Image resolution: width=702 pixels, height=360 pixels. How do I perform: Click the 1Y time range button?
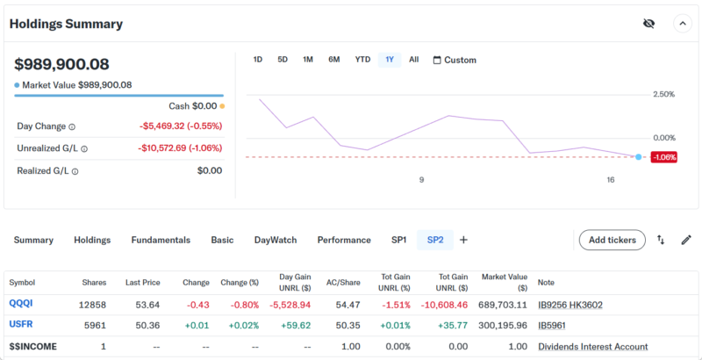[x=390, y=60]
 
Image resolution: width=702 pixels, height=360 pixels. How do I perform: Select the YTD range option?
[x=362, y=60]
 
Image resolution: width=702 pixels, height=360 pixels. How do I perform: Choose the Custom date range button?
[x=455, y=61]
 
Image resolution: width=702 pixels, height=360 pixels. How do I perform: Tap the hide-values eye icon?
[x=648, y=24]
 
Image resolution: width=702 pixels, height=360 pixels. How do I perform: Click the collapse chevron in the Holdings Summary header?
[x=682, y=24]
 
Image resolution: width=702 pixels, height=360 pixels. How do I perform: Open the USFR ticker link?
[x=22, y=325]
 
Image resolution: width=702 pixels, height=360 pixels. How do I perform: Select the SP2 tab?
[x=435, y=240]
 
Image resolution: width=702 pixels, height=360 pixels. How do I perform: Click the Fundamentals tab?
[x=161, y=240]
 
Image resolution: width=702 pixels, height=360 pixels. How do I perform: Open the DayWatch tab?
[x=276, y=240]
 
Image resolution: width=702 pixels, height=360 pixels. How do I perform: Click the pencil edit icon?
[x=686, y=240]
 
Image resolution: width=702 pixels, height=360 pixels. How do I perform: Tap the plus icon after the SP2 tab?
[x=463, y=240]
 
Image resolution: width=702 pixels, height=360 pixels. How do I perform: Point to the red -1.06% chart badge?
[x=664, y=157]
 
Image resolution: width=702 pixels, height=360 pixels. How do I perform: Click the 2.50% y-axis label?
[x=663, y=94]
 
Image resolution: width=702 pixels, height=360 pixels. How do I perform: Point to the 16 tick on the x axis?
[x=611, y=180]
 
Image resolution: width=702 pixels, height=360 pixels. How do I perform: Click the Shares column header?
[x=94, y=283]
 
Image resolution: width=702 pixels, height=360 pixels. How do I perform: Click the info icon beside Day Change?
[x=72, y=126]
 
